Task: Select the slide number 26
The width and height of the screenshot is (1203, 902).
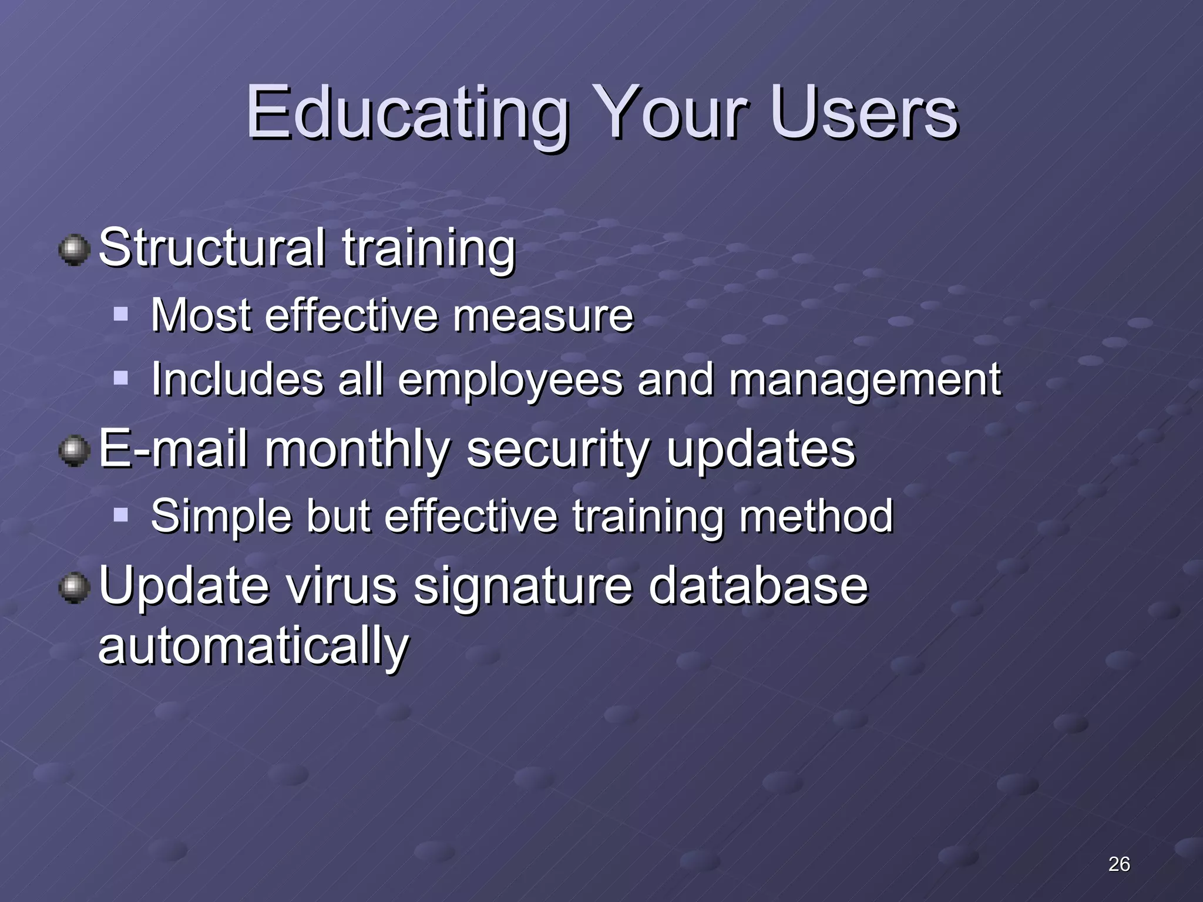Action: pyautogui.click(x=1118, y=864)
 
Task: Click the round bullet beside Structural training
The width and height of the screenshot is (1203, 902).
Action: pyautogui.click(x=74, y=250)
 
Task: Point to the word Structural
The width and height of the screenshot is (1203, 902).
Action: pyautogui.click(x=211, y=248)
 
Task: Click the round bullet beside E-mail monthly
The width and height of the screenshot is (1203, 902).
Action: pyautogui.click(x=74, y=452)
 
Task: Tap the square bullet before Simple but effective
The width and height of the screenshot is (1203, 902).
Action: pyautogui.click(x=121, y=516)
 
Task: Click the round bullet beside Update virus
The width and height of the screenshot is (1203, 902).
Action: pyautogui.click(x=74, y=588)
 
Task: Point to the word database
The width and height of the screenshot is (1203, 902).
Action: pyautogui.click(x=758, y=585)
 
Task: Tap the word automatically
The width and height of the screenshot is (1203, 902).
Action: pyautogui.click(x=253, y=646)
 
